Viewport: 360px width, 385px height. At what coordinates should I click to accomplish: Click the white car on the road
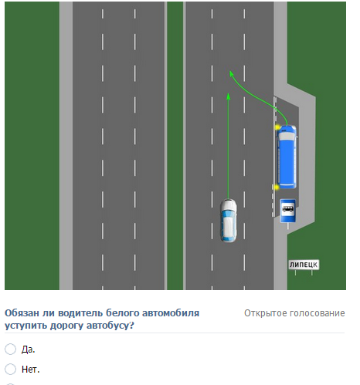pyautogui.click(x=228, y=221)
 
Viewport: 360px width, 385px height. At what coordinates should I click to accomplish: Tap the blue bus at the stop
pyautogui.click(x=287, y=157)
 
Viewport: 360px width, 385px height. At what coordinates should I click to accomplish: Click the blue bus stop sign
pyautogui.click(x=287, y=211)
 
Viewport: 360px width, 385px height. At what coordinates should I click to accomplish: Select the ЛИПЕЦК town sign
pyautogui.click(x=304, y=265)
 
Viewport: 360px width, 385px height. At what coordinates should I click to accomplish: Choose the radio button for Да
pyautogui.click(x=10, y=349)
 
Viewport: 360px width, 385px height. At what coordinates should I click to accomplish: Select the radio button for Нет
pyautogui.click(x=10, y=369)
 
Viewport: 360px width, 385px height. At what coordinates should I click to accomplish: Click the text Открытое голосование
pyautogui.click(x=294, y=313)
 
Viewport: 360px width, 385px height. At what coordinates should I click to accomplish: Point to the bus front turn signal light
pyautogui.click(x=278, y=127)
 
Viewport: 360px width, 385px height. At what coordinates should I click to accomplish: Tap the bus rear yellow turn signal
pyautogui.click(x=277, y=187)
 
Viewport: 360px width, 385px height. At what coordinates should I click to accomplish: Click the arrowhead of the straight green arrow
pyautogui.click(x=228, y=96)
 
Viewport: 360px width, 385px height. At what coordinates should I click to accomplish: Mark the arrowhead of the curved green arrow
pyautogui.click(x=231, y=74)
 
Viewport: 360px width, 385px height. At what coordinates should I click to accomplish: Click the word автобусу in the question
pyautogui.click(x=110, y=326)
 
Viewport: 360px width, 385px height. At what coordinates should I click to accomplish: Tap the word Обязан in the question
pyautogui.click(x=22, y=313)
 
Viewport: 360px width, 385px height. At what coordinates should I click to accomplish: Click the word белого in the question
pyautogui.click(x=122, y=313)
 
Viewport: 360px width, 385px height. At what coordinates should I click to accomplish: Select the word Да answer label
pyautogui.click(x=28, y=350)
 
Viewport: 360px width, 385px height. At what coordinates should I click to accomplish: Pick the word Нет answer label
pyautogui.click(x=30, y=370)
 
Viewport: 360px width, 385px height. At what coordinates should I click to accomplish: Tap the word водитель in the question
pyautogui.click(x=81, y=313)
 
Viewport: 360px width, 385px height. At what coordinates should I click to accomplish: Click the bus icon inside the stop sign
pyautogui.click(x=287, y=208)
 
